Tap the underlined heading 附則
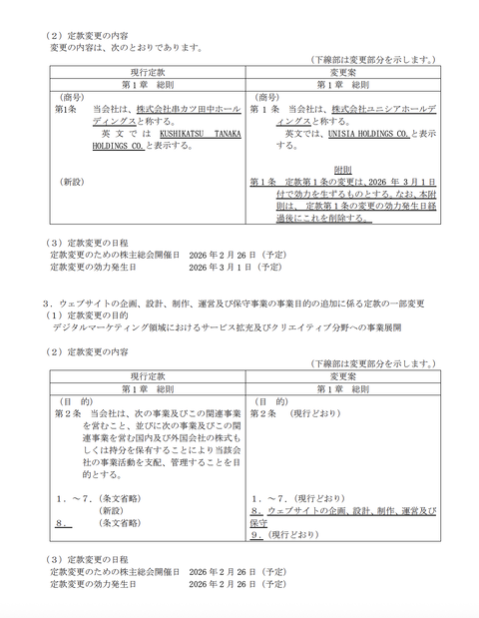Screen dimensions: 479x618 point(344,170)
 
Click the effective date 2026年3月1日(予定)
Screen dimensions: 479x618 point(236,268)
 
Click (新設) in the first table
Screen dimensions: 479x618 point(74,183)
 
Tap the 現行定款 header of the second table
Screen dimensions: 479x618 point(148,376)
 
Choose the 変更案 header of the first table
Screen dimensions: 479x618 point(341,72)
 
